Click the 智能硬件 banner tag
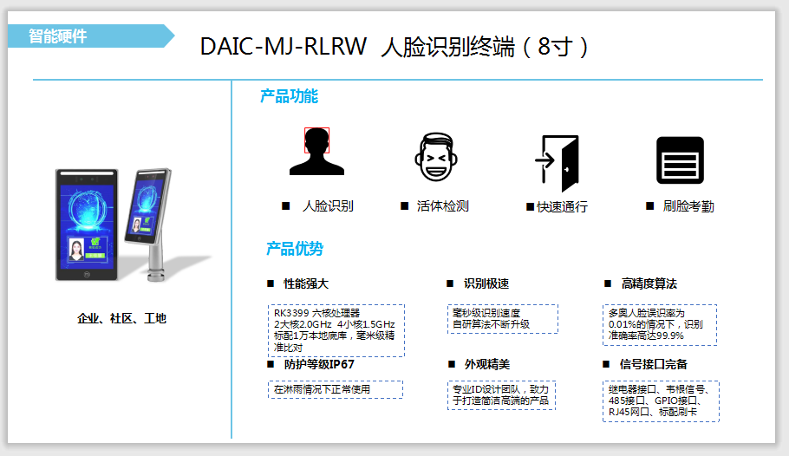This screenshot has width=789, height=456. click(x=58, y=36)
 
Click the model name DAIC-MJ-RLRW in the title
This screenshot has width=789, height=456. click(x=284, y=46)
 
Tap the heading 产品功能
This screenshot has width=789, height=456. click(x=289, y=97)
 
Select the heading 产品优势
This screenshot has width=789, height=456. click(x=294, y=250)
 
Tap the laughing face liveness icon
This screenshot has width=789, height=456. click(x=434, y=157)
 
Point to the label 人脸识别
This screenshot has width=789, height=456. click(x=327, y=206)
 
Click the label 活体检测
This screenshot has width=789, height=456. click(x=442, y=206)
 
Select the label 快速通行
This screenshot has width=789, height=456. click(x=562, y=207)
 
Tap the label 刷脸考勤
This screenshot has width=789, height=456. click(x=688, y=206)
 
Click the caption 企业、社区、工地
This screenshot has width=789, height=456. click(x=121, y=319)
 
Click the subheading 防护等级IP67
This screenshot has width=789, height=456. click(x=318, y=364)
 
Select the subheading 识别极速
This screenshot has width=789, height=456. click(x=486, y=283)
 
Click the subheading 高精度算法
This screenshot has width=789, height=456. click(x=649, y=283)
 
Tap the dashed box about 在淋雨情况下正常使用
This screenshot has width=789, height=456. click(x=335, y=389)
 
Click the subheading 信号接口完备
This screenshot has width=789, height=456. click(x=655, y=364)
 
